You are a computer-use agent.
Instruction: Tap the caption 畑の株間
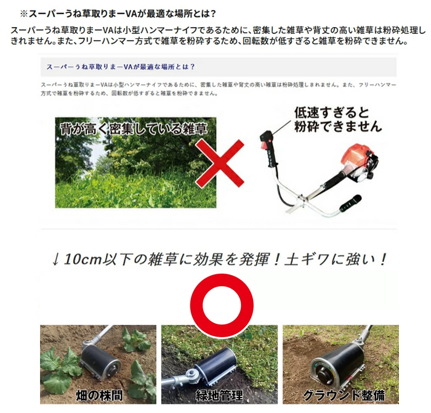tap(98, 395)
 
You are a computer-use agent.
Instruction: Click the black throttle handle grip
tap(268, 149)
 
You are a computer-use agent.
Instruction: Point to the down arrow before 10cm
tap(57, 259)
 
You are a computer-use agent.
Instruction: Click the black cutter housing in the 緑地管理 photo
tap(216, 364)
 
